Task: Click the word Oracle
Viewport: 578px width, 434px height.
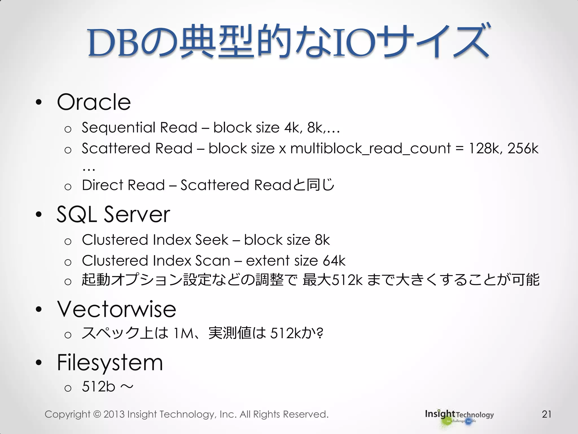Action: point(94,102)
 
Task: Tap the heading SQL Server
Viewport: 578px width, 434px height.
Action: point(113,214)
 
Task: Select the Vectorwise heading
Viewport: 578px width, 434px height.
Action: point(117,309)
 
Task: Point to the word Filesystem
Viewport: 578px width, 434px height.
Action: point(110,363)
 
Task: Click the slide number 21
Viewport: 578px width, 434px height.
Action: point(547,414)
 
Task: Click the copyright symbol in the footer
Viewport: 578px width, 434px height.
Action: point(97,414)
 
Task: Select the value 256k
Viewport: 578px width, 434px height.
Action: point(523,148)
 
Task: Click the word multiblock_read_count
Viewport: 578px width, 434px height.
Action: point(370,149)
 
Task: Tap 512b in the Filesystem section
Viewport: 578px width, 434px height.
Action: point(98,387)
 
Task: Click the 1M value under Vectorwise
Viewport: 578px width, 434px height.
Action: point(183,333)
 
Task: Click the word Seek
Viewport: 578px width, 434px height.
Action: point(212,240)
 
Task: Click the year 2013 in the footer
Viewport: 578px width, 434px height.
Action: point(114,414)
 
